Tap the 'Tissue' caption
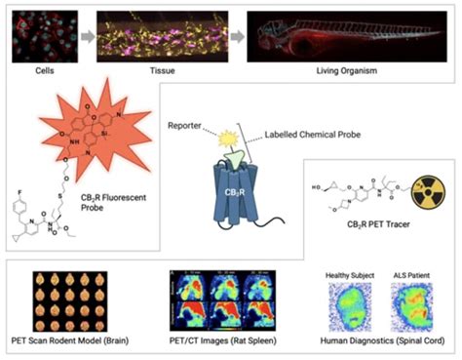click(x=179, y=71)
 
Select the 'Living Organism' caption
click(x=353, y=71)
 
